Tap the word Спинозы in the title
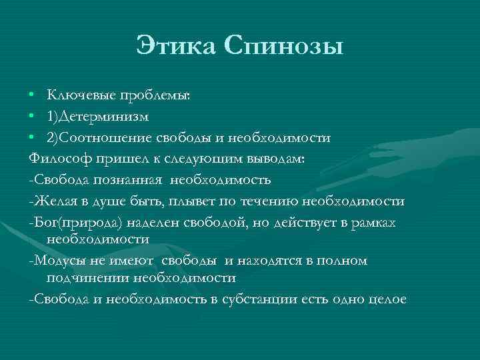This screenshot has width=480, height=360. coord(285,46)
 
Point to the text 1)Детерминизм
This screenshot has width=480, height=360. coord(98,117)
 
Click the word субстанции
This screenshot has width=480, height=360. coord(257,299)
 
